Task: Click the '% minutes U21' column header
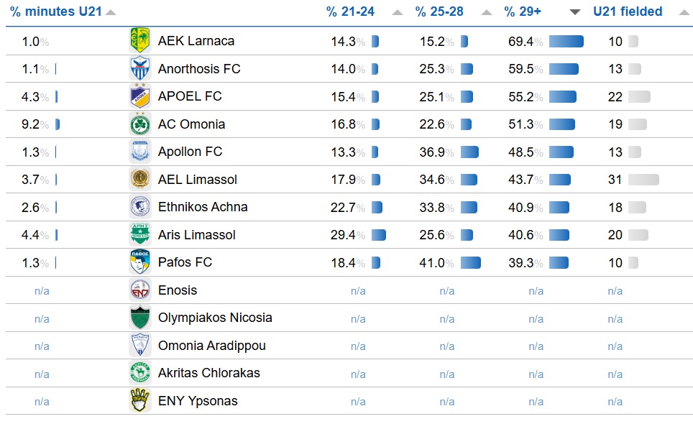coord(55,11)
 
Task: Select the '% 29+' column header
coord(523,11)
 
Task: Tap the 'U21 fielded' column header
coord(628,11)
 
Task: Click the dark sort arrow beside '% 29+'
coord(575,12)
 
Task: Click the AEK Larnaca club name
coord(196,41)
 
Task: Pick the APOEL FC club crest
coord(140,96)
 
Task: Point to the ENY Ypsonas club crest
coord(140,401)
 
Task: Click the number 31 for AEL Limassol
coord(615,180)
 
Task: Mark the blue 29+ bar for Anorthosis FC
coord(564,69)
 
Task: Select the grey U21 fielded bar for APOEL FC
coord(638,97)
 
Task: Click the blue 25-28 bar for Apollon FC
coord(469,152)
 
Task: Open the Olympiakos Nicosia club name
coord(215,318)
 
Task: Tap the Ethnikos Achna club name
coord(203,207)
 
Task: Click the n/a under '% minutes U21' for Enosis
coord(42,291)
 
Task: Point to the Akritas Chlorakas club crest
coord(140,373)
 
